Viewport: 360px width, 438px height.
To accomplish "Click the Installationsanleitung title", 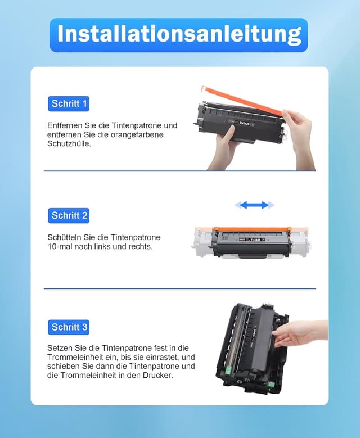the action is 179,35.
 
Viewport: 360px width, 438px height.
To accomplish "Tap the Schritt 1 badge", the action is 69,103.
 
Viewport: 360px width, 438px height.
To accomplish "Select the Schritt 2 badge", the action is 69,215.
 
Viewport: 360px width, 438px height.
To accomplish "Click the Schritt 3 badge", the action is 69,327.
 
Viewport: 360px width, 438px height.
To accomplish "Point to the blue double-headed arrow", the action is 254,205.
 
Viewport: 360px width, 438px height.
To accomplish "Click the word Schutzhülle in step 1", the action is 69,144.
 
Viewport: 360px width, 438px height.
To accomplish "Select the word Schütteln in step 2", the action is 64,237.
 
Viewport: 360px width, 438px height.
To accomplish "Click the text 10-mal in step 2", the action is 60,247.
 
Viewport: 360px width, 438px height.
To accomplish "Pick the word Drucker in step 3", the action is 158,375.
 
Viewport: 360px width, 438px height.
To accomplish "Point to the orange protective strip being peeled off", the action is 242,101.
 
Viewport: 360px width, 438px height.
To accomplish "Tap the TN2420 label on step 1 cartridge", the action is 244,123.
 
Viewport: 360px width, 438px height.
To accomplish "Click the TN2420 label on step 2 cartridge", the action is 255,240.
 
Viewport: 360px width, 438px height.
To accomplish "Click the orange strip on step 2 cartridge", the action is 252,229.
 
